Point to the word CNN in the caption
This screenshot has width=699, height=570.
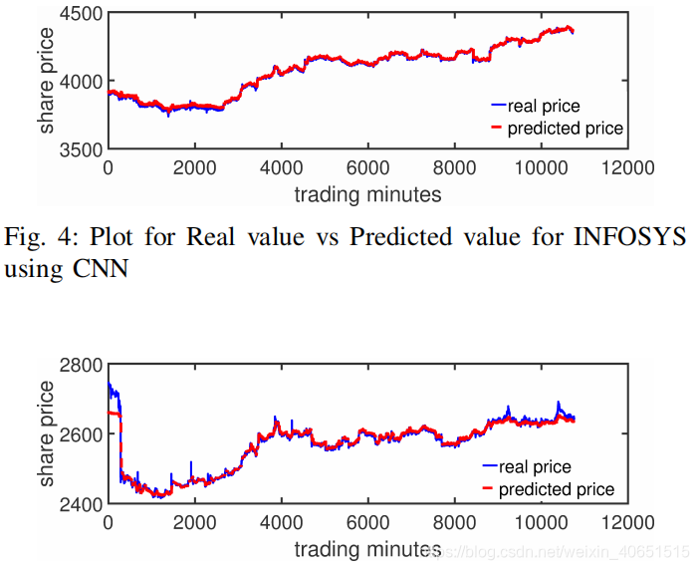[x=100, y=268]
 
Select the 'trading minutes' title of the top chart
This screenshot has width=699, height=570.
[x=368, y=192]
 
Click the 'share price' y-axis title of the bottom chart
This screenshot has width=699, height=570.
[x=47, y=434]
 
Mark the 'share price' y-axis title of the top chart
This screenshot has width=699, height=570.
[x=47, y=82]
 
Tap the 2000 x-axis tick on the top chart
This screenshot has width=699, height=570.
[x=194, y=167]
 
